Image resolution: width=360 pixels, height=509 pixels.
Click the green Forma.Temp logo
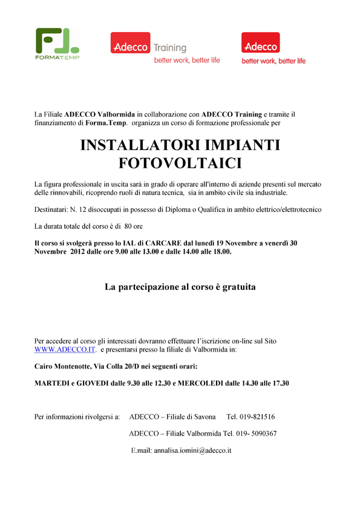pyautogui.click(x=57, y=44)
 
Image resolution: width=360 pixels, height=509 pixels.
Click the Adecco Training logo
pyautogui.click(x=165, y=47)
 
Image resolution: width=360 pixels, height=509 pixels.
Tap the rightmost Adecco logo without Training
pyautogui.click(x=273, y=47)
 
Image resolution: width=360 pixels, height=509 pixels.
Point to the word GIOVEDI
pyautogui.click(x=96, y=383)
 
